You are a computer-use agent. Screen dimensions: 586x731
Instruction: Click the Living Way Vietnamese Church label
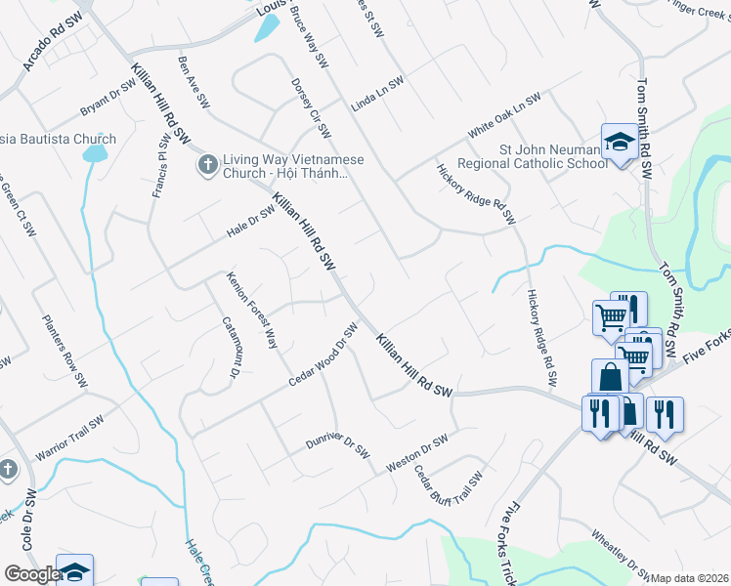283,167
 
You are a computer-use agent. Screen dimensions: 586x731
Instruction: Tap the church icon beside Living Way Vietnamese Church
206,165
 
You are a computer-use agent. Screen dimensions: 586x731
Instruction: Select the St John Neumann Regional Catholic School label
553,156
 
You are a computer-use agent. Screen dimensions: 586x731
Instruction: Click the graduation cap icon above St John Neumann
619,144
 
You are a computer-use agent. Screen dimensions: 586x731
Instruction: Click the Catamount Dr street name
231,347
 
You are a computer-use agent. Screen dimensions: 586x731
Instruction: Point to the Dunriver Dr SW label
338,446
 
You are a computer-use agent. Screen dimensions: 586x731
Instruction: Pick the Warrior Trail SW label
76,442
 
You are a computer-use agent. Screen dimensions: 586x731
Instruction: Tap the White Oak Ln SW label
503,115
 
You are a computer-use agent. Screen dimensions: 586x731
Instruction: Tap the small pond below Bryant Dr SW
95,153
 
